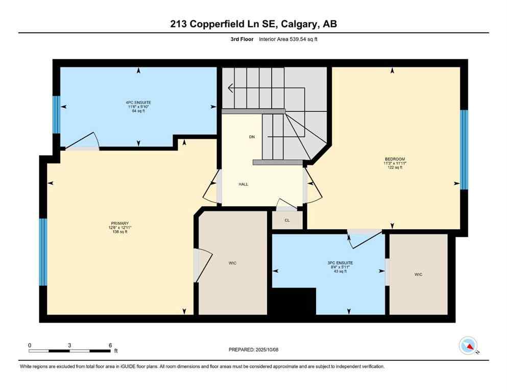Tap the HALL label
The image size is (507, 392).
click(244, 184)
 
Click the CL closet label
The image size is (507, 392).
click(287, 220)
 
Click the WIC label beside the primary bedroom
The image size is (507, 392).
click(232, 263)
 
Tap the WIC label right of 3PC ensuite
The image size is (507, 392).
click(418, 275)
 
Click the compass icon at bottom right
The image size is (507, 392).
click(468, 346)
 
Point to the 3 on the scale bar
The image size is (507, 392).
click(69, 345)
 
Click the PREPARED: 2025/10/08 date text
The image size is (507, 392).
click(254, 350)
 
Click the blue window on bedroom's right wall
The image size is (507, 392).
click(464, 150)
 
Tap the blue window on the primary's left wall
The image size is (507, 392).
click(43, 252)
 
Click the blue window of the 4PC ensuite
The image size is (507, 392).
click(56, 114)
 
